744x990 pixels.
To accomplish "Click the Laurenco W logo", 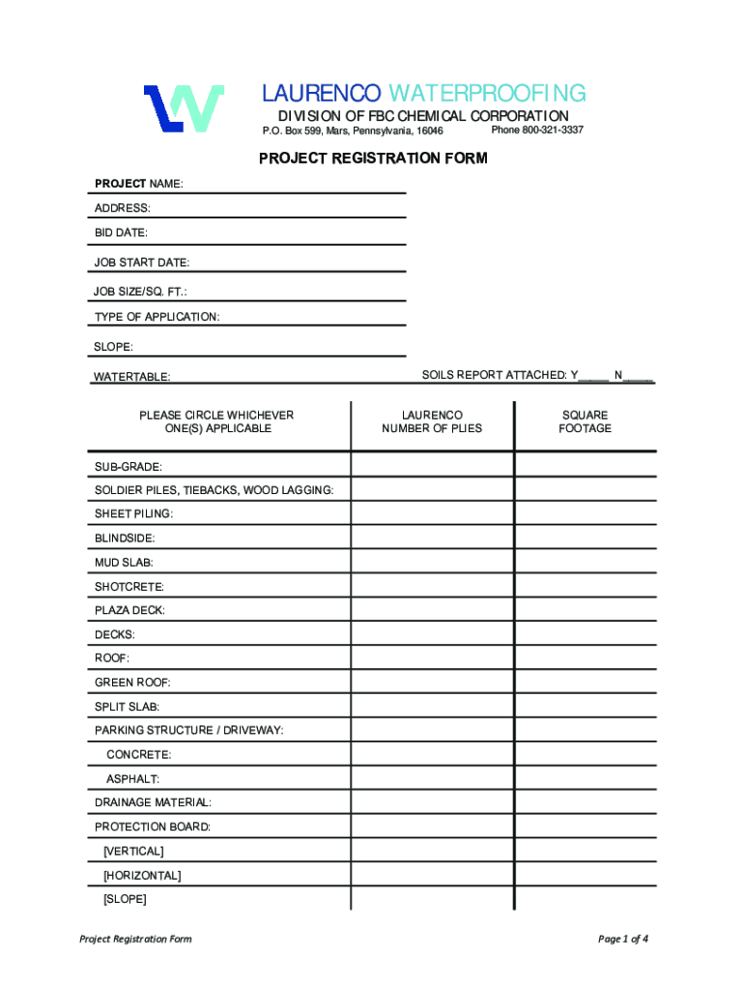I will (x=184, y=107).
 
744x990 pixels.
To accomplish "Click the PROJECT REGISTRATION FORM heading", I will (x=373, y=159).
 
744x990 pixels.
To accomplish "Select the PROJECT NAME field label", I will (x=138, y=184).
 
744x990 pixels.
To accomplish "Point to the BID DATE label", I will (x=121, y=233).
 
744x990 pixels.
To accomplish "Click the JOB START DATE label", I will (x=141, y=262).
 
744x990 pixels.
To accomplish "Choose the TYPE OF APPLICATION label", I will (x=157, y=317).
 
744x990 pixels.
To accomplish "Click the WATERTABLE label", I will (x=132, y=376).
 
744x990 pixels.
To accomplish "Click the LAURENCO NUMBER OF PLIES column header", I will (x=432, y=422).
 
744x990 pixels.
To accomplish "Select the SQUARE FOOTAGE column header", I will (x=585, y=422).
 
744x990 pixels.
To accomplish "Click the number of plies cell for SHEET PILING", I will (x=432, y=513).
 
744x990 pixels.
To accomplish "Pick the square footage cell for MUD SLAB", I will (x=585, y=562).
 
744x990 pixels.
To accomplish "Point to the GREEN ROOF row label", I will (x=132, y=683).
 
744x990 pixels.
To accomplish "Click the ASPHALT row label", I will (x=133, y=778).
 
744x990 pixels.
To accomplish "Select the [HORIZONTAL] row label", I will (x=142, y=875).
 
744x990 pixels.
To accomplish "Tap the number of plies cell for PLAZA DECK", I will (x=432, y=610).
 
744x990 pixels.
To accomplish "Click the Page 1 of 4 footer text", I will (x=623, y=939).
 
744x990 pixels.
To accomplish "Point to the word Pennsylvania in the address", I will (x=384, y=131).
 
